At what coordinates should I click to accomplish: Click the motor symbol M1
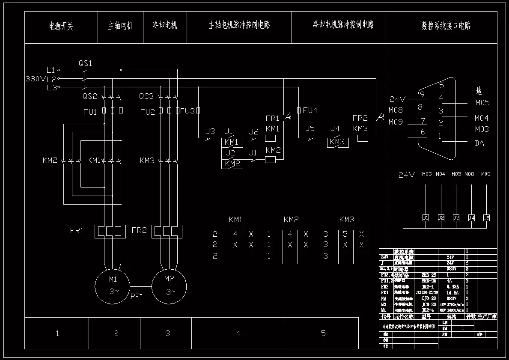[112, 285]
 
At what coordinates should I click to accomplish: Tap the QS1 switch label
[85, 63]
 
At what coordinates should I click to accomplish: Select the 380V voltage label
[35, 79]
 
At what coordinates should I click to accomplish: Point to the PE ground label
[135, 296]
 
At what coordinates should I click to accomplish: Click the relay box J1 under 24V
[426, 217]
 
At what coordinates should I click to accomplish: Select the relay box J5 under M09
[486, 217]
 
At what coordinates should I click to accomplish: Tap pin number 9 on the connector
[422, 94]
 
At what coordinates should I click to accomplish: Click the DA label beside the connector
[479, 143]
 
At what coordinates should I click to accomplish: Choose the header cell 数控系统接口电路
[446, 26]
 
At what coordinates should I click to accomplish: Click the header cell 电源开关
[61, 27]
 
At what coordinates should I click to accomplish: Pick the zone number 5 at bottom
[323, 333]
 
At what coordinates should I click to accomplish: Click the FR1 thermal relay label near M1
[77, 231]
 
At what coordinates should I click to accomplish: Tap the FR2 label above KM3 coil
[360, 118]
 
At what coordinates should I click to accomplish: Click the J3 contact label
[210, 131]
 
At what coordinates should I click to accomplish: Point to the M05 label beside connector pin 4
[482, 103]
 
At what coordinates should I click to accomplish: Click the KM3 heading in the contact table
[346, 220]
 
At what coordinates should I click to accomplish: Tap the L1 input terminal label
[51, 69]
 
